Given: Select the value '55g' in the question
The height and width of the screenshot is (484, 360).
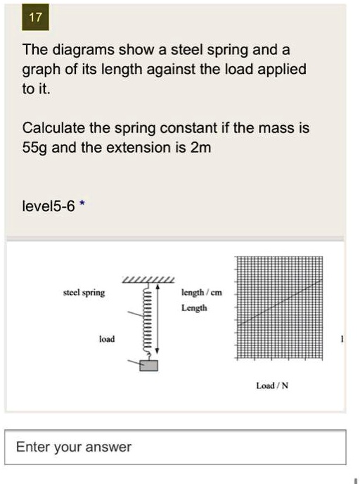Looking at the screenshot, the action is tap(36, 148).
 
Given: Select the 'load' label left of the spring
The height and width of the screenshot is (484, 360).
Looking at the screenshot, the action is tap(106, 338).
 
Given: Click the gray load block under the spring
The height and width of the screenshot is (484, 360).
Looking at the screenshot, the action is tap(149, 365).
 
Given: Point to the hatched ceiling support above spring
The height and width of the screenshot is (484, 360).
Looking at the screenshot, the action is tap(148, 282).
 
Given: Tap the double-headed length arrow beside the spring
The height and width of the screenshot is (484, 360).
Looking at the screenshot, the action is tap(157, 320).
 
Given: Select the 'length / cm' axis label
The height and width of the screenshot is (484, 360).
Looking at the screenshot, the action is tap(201, 293).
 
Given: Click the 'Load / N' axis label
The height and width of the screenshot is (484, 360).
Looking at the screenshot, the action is tap(271, 386).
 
